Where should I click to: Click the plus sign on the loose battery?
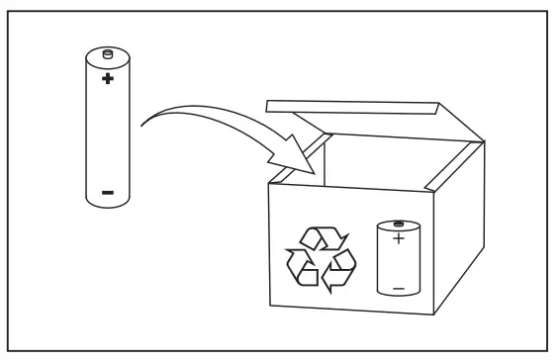(x=107, y=76)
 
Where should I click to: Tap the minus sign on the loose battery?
(x=107, y=189)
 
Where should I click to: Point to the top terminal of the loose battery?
(x=108, y=51)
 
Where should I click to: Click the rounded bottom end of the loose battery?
(x=107, y=205)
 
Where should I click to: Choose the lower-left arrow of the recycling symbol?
(x=302, y=267)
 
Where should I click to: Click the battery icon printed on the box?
(x=396, y=258)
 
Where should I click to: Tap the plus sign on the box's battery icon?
(x=396, y=238)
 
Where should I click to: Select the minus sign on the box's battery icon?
(x=396, y=287)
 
